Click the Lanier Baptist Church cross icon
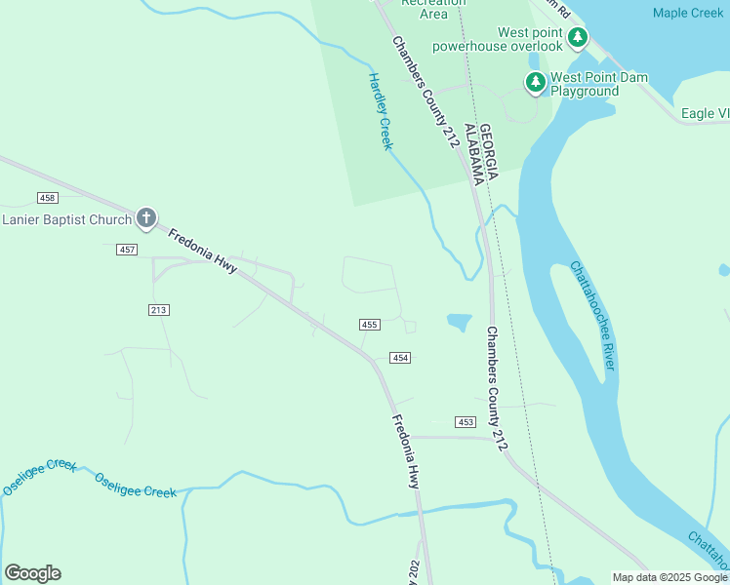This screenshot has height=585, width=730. (146, 217)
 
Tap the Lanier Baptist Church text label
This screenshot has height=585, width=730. (66, 219)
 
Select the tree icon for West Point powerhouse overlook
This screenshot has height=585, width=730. (579, 38)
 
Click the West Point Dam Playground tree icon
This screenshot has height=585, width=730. (535, 83)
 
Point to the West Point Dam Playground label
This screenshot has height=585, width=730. (585, 84)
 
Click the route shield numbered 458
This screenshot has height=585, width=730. (49, 199)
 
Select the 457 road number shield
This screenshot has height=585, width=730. (126, 251)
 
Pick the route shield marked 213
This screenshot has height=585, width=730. (159, 310)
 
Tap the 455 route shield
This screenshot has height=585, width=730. (369, 325)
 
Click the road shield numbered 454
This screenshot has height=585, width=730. (400, 358)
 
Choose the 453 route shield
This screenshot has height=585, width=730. (466, 421)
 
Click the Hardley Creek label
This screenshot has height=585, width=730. (380, 111)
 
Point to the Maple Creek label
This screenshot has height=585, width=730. (688, 13)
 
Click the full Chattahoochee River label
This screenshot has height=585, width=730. (592, 315)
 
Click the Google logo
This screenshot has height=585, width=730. (32, 573)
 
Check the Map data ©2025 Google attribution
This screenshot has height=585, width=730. (669, 577)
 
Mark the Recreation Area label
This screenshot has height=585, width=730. (420, 12)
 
